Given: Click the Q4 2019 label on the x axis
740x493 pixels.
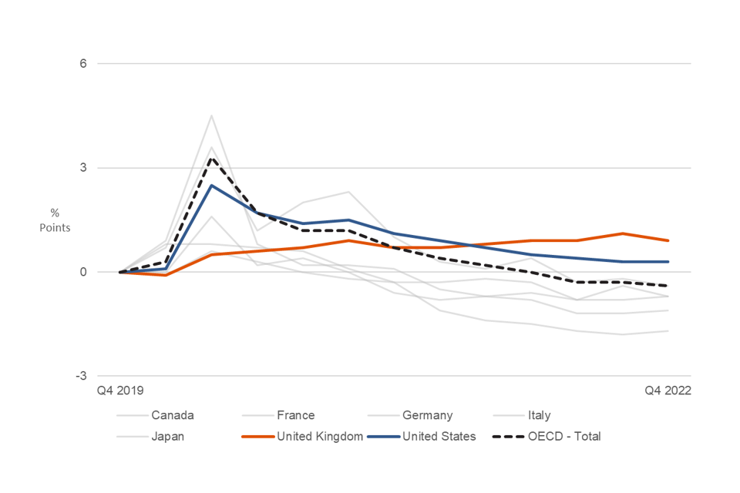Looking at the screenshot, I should tap(119, 391).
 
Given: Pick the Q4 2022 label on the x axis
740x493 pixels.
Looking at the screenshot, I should tap(668, 391).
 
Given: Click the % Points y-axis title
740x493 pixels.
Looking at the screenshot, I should tap(55, 220).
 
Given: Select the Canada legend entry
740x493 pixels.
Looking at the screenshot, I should tap(172, 415).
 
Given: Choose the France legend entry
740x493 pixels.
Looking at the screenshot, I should tap(296, 415).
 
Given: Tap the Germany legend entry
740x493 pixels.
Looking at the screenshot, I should tap(427, 415).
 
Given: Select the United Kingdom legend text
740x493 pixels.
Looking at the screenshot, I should tap(319, 436).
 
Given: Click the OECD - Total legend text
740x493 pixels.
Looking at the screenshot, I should tap(564, 436).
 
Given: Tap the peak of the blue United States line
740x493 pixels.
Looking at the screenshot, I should tap(211, 186).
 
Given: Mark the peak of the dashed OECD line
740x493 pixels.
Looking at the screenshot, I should tap(211, 158).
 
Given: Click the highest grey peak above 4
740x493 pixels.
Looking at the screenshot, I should tap(211, 116).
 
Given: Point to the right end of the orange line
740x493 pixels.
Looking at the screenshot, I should tap(668, 240).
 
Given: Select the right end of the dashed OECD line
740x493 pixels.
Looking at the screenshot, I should tap(668, 286).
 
